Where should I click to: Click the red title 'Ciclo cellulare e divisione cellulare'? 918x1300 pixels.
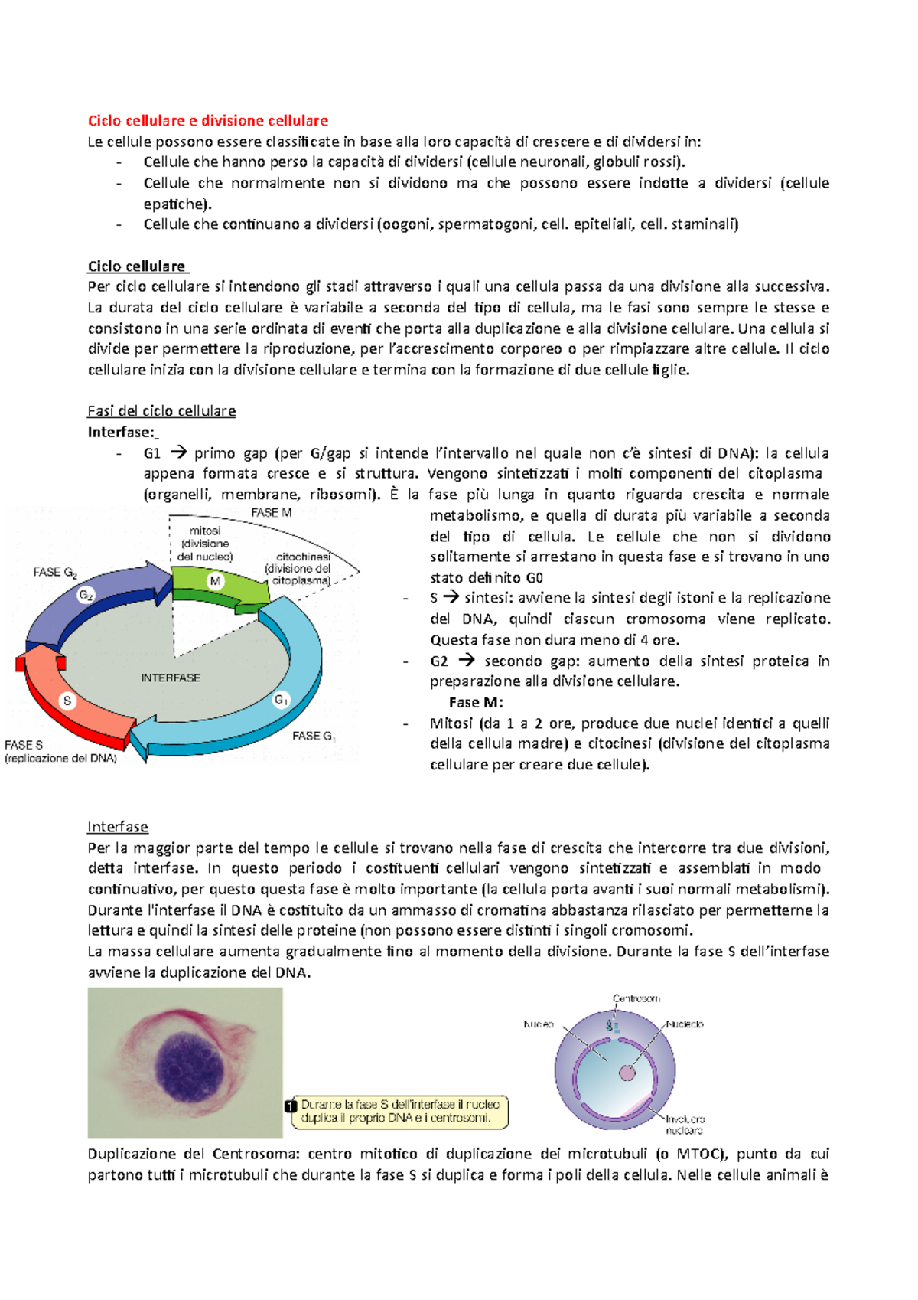208,120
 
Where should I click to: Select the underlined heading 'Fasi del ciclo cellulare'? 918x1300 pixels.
161,411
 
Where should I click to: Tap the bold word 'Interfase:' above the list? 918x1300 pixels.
121,432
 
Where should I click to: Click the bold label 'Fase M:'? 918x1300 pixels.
476,702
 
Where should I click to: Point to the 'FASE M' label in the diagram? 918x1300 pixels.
271,512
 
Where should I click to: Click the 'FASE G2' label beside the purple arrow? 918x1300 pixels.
55,573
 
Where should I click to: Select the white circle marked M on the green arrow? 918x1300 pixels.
215,581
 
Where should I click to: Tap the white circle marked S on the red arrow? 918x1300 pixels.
67,701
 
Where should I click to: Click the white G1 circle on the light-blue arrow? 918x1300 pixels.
282,700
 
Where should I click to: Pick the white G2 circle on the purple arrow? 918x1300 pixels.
86,595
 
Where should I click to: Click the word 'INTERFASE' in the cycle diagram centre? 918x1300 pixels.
171,678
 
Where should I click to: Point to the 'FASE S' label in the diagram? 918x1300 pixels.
24,744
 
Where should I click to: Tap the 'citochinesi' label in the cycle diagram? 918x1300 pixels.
303,557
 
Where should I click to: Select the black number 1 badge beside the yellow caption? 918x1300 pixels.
290,1106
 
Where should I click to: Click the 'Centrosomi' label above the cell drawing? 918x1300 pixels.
636,998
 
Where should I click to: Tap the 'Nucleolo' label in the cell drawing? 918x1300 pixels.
685,1024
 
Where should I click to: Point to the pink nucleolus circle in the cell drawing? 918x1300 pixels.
627,1073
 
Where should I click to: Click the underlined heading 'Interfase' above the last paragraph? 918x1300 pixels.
118,827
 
